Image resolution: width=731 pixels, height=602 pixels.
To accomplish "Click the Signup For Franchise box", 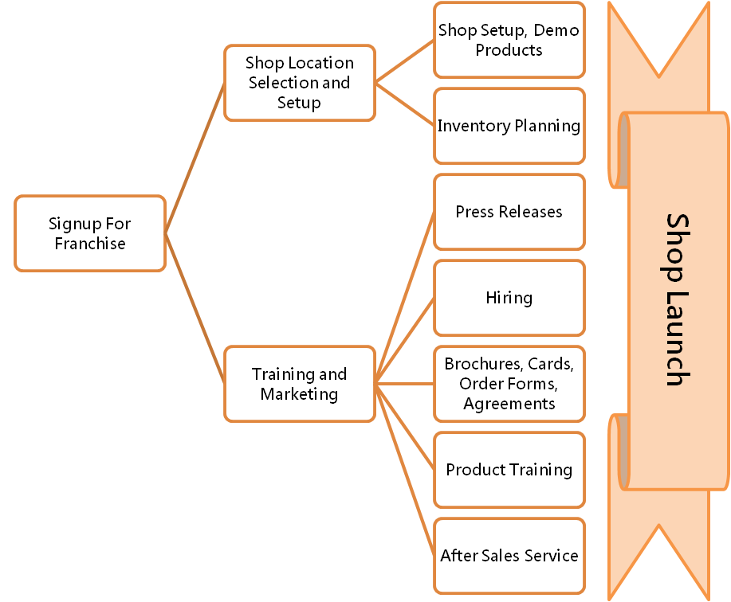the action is coord(90,233).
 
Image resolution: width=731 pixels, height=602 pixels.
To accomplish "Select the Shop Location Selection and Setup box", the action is coord(300,83).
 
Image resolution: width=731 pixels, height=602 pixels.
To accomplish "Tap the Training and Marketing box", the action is coord(300,384).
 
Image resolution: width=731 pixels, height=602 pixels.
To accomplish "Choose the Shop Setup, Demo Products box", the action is coord(509,40).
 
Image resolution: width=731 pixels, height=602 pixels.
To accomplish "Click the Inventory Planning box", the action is coord(509,126).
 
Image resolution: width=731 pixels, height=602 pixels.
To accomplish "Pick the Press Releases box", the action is coord(509,212).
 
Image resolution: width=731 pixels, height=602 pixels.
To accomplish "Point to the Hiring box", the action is coord(509,298).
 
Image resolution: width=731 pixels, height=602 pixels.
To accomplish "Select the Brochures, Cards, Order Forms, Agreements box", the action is coord(509,384).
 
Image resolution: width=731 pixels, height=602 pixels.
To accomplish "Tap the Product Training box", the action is coord(509,470).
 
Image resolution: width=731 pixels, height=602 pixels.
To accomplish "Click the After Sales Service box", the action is coord(509,556).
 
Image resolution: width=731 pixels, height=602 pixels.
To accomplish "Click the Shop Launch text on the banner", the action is coord(678,300).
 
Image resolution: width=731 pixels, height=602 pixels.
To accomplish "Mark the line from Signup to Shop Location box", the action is coord(195,158).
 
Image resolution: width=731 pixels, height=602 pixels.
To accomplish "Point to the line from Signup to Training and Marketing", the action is coord(195,308).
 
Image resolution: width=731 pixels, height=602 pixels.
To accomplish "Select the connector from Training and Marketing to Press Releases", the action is coord(405,298).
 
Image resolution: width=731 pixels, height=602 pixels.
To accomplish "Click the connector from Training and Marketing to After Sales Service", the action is coord(405,470).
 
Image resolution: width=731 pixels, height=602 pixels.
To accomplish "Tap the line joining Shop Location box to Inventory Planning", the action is coord(405,104).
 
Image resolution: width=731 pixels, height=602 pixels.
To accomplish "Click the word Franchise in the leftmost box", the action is coord(90,244).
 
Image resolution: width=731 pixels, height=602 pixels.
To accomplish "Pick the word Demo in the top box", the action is coord(556,30).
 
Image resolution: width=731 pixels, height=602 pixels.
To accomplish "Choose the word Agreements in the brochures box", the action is coord(509,405).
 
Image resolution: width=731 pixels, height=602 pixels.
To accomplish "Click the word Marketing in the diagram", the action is coord(299,394).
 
